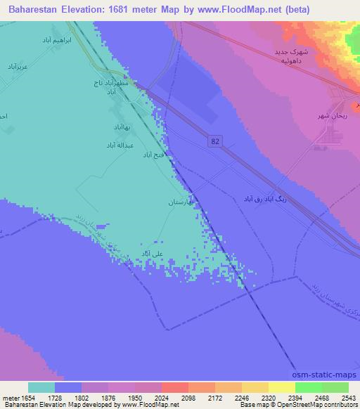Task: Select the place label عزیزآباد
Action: tap(18, 67)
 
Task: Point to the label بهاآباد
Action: tap(122, 127)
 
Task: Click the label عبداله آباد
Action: tap(120, 145)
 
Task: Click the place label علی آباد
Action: tap(153, 253)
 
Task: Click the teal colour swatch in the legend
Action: tap(41, 387)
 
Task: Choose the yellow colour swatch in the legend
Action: tap(281, 387)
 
